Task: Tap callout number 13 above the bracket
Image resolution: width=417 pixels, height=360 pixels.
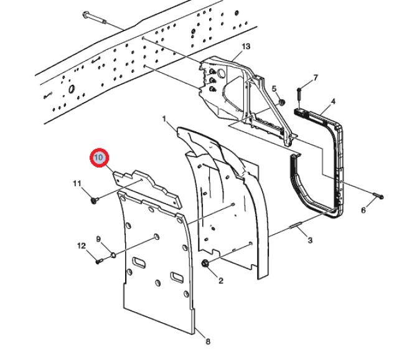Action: (x=245, y=47)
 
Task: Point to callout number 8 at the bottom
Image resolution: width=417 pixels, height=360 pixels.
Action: (x=208, y=341)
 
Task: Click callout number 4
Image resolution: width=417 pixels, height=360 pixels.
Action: (x=333, y=101)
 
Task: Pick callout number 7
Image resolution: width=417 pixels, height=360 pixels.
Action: (x=316, y=78)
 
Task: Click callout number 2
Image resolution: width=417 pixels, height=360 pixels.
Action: (x=220, y=281)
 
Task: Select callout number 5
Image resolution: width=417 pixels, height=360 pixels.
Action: (x=274, y=89)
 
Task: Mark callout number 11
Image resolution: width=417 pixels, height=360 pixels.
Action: (x=77, y=183)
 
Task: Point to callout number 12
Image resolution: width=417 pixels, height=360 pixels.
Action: (x=82, y=246)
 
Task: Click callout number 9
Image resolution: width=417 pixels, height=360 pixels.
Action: (x=98, y=239)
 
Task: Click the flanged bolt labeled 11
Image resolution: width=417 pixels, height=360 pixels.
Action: (x=95, y=200)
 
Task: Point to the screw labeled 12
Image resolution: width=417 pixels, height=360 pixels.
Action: (x=100, y=260)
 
